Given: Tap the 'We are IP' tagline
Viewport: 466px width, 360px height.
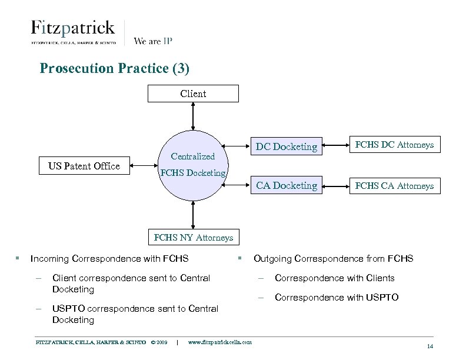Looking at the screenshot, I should click(x=153, y=41).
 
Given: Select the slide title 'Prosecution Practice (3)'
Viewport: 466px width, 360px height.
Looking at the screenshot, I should click(x=115, y=68).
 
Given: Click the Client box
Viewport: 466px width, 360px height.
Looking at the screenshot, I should click(x=193, y=94).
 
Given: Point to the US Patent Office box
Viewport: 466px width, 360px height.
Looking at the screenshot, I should click(x=84, y=166).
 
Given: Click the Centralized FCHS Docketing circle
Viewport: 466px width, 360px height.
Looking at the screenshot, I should click(x=193, y=165).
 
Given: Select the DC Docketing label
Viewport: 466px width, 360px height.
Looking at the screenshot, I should click(x=287, y=146).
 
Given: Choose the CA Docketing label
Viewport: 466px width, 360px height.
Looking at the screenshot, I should click(x=287, y=185).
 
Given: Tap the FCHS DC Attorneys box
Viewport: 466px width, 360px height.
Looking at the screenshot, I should click(x=391, y=145).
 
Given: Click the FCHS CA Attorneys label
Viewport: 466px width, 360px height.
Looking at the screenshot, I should click(x=394, y=186).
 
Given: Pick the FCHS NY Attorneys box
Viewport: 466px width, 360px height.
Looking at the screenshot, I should click(x=193, y=238).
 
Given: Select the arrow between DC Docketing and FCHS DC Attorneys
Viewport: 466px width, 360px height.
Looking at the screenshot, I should click(x=334, y=145).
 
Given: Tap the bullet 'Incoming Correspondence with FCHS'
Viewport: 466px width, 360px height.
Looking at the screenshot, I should click(x=109, y=258).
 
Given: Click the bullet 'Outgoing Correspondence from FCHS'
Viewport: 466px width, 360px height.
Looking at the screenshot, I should click(x=333, y=258).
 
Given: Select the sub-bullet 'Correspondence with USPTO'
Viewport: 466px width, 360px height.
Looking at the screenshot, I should click(x=337, y=297).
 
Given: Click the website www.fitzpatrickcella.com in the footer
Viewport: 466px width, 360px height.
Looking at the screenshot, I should click(x=219, y=342).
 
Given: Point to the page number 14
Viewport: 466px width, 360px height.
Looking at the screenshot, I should click(x=430, y=346).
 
